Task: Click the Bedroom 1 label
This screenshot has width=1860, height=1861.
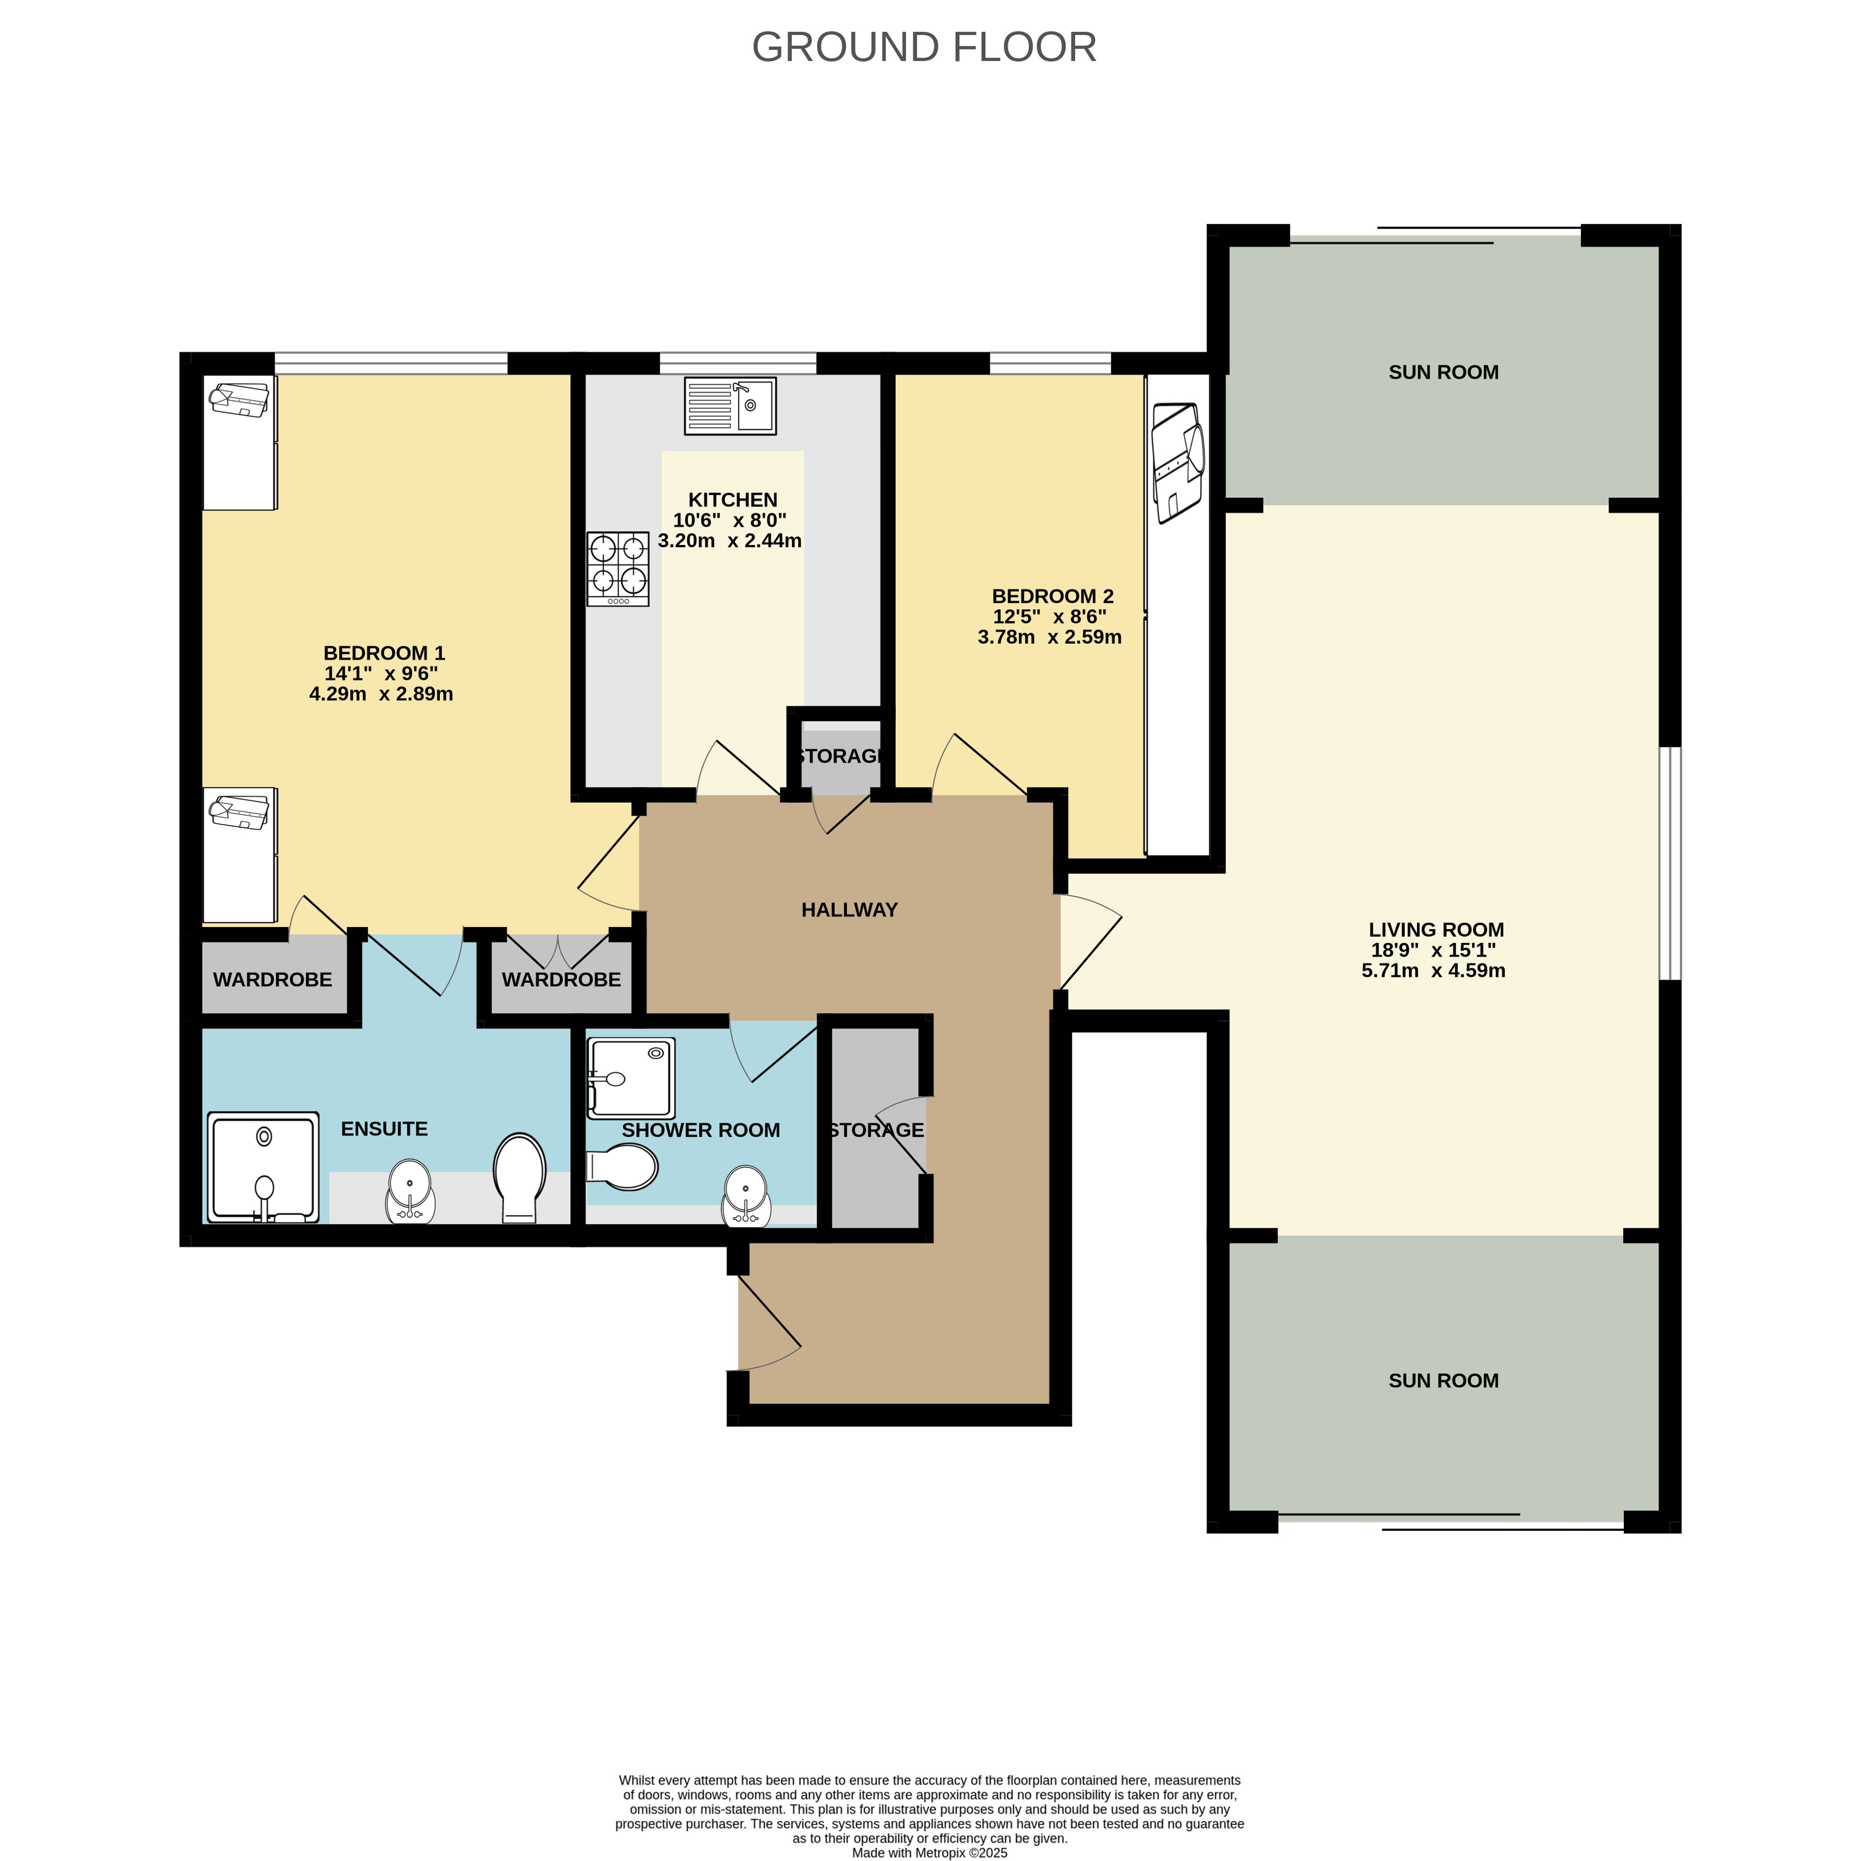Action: click(x=383, y=653)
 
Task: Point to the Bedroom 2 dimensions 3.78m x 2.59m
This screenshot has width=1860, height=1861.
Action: click(x=1049, y=637)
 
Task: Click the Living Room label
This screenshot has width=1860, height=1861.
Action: click(x=1435, y=930)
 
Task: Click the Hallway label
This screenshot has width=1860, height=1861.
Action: click(x=849, y=910)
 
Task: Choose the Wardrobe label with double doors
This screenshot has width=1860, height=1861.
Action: click(x=560, y=980)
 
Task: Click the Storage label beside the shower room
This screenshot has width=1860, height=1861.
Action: click(x=876, y=1130)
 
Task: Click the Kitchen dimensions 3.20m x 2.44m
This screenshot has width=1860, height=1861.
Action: click(x=729, y=540)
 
